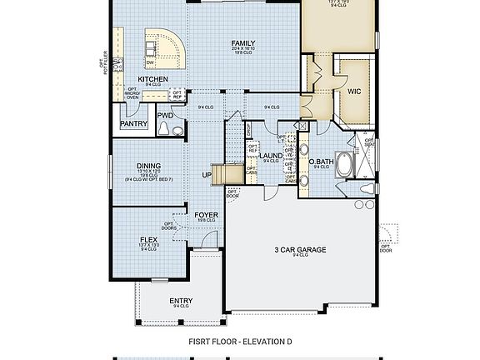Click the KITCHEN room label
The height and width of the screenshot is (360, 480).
click(x=152, y=79)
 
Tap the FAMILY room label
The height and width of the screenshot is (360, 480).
click(x=243, y=43)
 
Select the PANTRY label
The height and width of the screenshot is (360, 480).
click(x=133, y=124)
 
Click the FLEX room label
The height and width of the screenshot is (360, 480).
click(x=150, y=239)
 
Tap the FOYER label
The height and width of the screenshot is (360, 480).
click(x=207, y=214)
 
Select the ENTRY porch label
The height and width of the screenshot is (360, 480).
click(x=181, y=301)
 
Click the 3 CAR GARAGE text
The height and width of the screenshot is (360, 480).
click(x=300, y=249)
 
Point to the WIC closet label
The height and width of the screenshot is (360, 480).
click(x=354, y=91)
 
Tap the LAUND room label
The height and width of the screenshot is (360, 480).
click(x=271, y=156)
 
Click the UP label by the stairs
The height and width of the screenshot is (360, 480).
click(x=206, y=175)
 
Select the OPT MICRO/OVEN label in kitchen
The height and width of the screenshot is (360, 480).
click(x=132, y=93)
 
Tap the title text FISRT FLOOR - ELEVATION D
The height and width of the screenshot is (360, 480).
click(x=240, y=342)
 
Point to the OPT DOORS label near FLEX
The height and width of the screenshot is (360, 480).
click(x=169, y=225)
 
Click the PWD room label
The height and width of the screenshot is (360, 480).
click(x=165, y=116)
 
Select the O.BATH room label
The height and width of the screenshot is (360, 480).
click(x=321, y=162)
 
